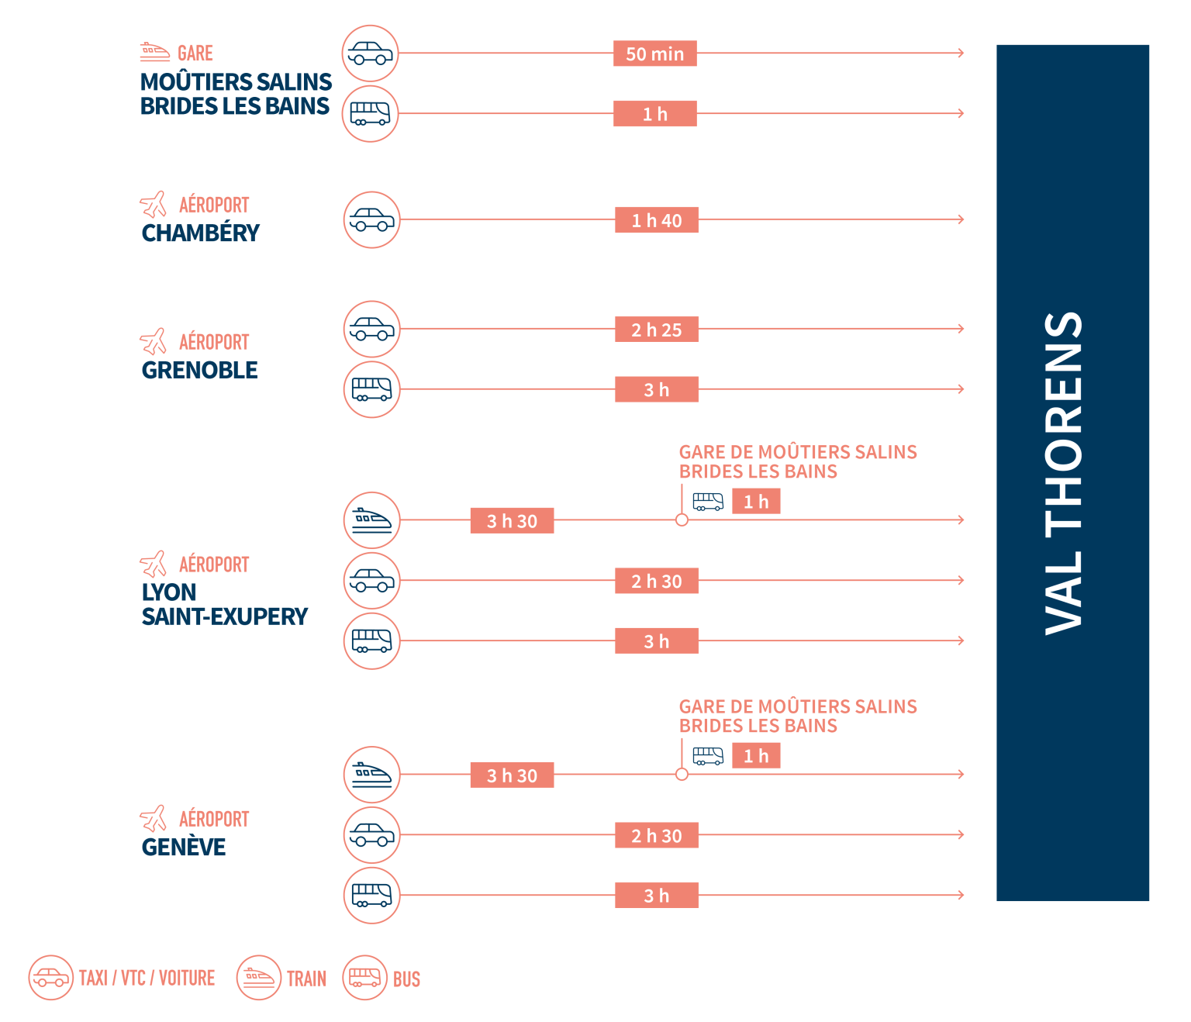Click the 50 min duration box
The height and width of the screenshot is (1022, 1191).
(654, 54)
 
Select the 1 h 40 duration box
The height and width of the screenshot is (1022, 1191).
(656, 220)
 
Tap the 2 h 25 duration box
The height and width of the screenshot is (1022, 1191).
(656, 330)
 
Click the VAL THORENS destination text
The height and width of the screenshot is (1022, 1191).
(1064, 473)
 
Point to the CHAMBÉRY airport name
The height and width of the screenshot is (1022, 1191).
(200, 233)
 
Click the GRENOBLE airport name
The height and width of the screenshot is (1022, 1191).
(199, 370)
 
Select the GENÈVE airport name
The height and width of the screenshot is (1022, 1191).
(184, 847)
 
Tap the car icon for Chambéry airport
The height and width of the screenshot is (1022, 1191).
(371, 220)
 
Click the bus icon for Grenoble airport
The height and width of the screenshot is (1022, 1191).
(371, 389)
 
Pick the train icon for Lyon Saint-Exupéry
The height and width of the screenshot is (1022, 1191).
(371, 520)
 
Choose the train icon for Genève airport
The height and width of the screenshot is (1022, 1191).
(371, 774)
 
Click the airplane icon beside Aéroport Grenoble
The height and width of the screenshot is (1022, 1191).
(154, 340)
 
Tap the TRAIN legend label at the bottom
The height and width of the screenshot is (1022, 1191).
(306, 979)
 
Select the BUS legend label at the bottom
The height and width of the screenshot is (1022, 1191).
(406, 979)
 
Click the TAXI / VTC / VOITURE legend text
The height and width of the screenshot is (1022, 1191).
(147, 978)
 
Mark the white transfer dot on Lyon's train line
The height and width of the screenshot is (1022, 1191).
(682, 520)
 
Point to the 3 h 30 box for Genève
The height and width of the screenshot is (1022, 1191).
(512, 775)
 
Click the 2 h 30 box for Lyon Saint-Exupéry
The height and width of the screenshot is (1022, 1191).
(656, 581)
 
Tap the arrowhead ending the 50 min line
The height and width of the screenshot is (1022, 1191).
(961, 53)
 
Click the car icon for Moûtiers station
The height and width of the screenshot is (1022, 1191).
(370, 54)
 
